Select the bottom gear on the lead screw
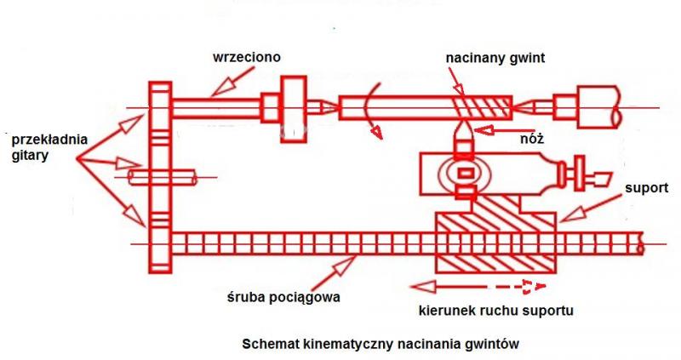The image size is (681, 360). pyautogui.click(x=160, y=243)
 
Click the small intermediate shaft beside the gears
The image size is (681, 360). pyautogui.click(x=162, y=177)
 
